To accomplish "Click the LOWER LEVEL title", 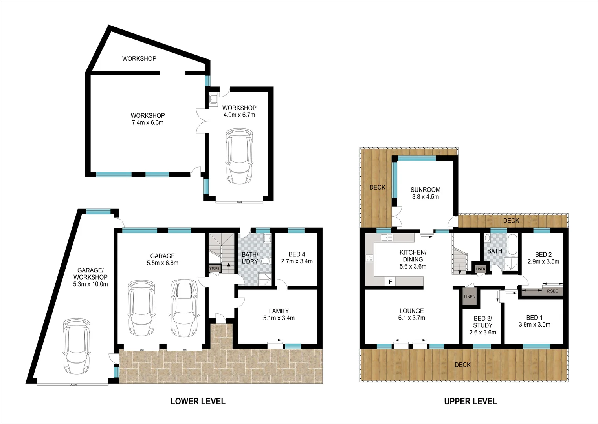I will coord(198,401).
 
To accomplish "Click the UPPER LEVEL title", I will coord(470,401).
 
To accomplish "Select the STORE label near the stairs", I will coord(214,269).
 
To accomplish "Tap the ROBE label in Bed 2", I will coord(552,291).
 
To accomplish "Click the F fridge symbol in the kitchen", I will coord(391,281).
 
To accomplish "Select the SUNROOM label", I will coord(425,190).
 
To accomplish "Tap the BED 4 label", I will coord(297,254).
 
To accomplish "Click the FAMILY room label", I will coord(279,311).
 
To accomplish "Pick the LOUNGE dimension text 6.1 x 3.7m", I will coord(411,318).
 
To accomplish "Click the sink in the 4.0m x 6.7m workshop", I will coord(214,100).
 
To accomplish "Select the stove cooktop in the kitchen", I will coord(370,258).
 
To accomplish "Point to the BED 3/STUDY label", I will coord(482,322).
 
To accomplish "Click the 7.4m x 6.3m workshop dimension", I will coord(147,122).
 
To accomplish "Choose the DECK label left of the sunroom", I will coord(377,187).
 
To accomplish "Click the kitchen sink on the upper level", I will coord(387,238).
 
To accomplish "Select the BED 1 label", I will coord(534,318).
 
